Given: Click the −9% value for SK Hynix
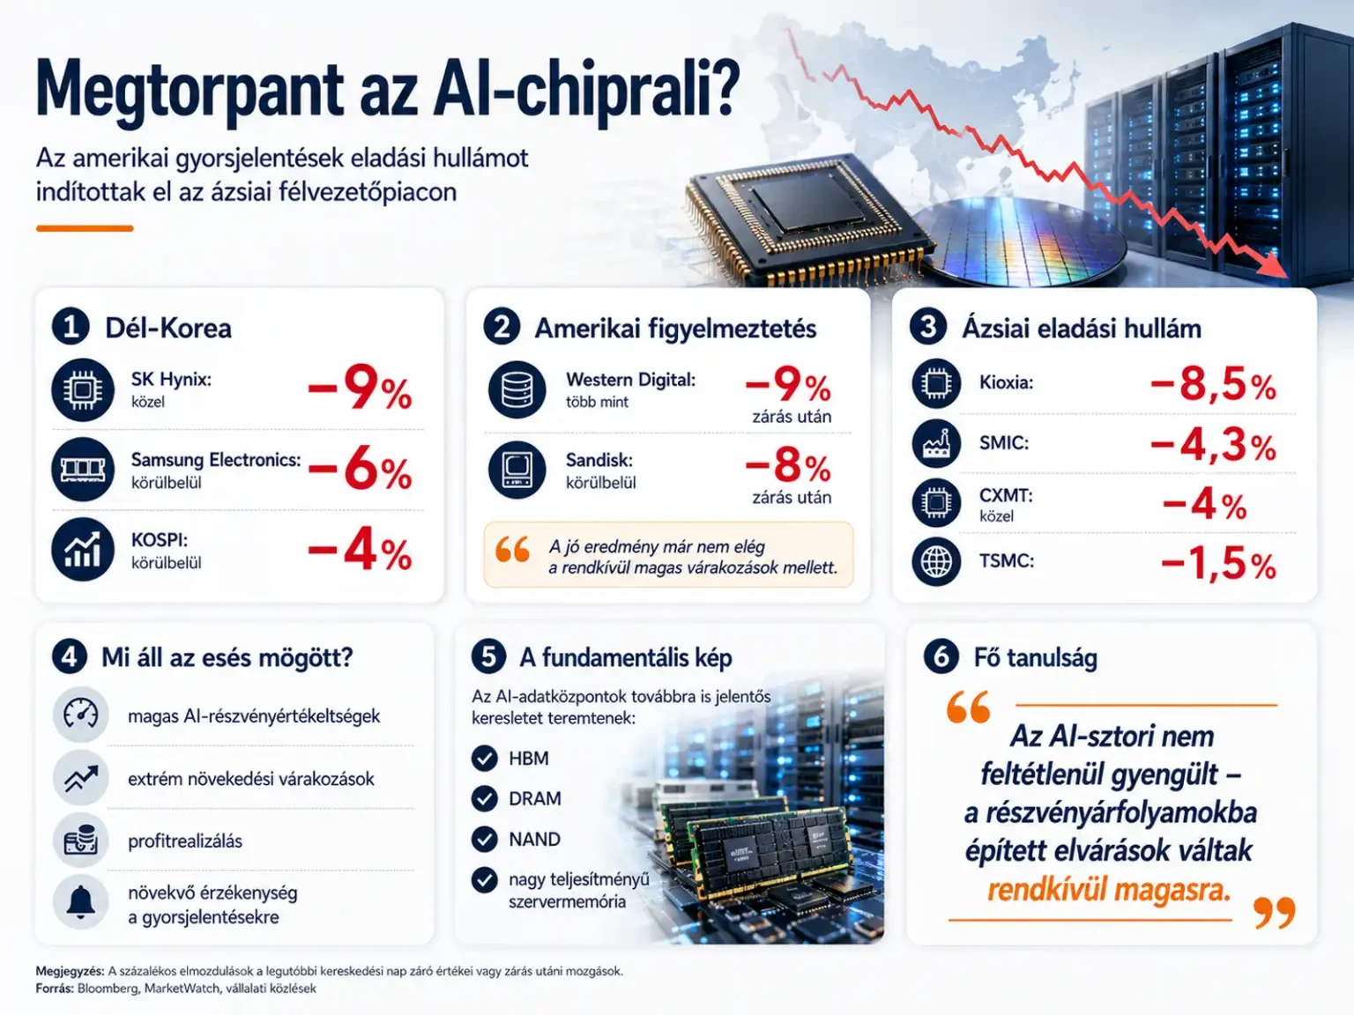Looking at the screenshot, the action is click(360, 389).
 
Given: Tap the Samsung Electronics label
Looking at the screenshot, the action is click(216, 460).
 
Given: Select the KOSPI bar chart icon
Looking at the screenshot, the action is click(83, 550).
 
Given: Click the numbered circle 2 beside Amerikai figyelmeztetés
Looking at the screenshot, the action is click(502, 327).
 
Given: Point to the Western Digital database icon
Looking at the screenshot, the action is click(517, 389).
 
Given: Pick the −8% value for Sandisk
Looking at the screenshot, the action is click(788, 466).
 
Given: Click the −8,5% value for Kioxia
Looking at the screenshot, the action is click(1213, 384).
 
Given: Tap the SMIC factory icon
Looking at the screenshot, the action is click(936, 443).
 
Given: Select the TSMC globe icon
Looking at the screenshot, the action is click(936, 561).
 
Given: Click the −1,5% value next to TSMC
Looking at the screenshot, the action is click(1218, 564).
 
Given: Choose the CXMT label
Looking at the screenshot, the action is click(1006, 495).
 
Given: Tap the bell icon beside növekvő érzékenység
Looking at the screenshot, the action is click(81, 902).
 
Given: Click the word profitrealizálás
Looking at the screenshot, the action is click(185, 841).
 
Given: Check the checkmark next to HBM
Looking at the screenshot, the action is click(485, 758).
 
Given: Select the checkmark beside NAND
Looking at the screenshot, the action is click(485, 839).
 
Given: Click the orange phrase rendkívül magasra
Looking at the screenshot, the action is click(1108, 890).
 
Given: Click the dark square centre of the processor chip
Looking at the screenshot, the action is click(808, 204).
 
